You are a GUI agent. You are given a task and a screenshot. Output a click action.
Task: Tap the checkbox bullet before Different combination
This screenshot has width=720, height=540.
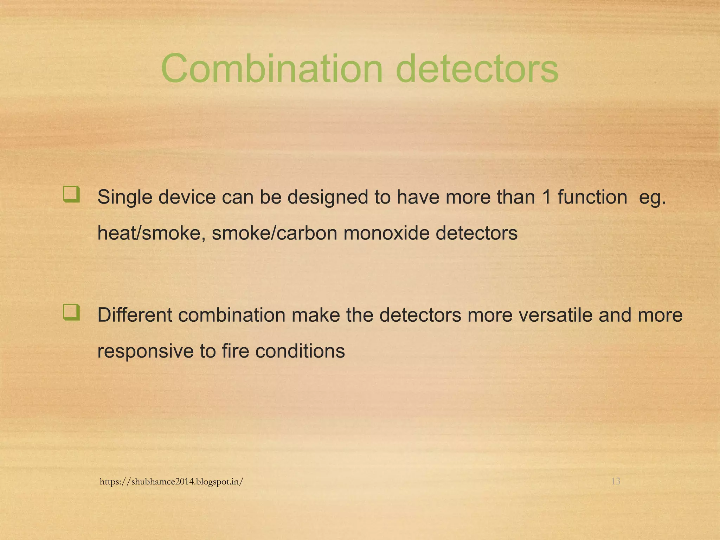(x=71, y=313)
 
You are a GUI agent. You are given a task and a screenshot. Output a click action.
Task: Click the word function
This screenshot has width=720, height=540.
(x=592, y=197)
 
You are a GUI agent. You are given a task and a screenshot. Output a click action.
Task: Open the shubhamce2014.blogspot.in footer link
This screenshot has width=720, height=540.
(x=171, y=482)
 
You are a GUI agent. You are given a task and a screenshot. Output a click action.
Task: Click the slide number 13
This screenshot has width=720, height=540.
(x=616, y=481)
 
